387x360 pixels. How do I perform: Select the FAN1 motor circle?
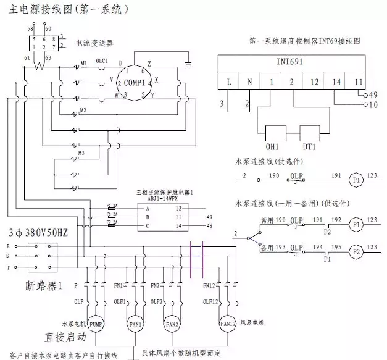click(135, 323)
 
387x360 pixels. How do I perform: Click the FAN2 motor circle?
click(172, 323)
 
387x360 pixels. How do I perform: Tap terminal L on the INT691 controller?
click(230, 82)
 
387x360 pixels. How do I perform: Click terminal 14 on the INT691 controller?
click(336, 82)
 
